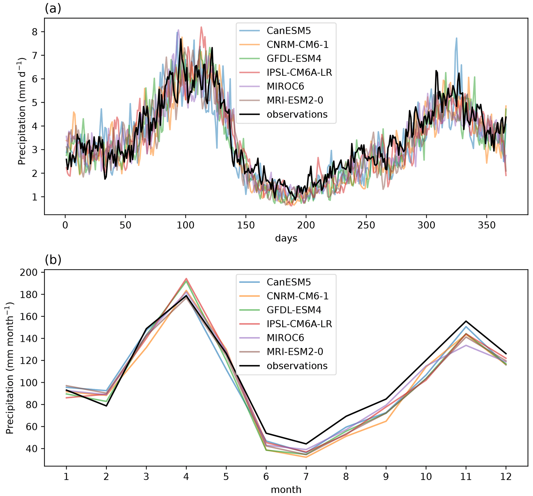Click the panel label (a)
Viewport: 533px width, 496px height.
click(x=53, y=9)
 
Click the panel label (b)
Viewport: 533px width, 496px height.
click(x=53, y=260)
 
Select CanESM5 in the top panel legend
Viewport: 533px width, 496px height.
click(x=289, y=31)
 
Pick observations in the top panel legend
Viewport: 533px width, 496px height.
click(x=297, y=114)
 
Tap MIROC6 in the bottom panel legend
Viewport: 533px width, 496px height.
click(x=285, y=337)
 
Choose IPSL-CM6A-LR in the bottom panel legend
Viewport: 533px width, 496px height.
click(x=299, y=324)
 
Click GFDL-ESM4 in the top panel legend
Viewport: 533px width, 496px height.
click(x=294, y=59)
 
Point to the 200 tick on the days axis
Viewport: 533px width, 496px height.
click(x=306, y=225)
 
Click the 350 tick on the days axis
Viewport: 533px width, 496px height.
click(x=487, y=225)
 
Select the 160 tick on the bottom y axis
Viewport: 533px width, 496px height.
click(x=28, y=316)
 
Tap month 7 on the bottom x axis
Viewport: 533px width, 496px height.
click(x=306, y=476)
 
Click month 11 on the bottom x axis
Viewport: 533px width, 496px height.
click(x=466, y=476)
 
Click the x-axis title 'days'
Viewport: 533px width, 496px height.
click(x=286, y=238)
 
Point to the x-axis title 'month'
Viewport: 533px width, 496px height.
click(x=286, y=490)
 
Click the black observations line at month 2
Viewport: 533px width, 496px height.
click(x=106, y=406)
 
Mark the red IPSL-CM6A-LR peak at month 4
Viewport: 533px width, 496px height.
click(x=186, y=279)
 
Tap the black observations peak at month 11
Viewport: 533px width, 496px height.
click(x=466, y=321)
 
